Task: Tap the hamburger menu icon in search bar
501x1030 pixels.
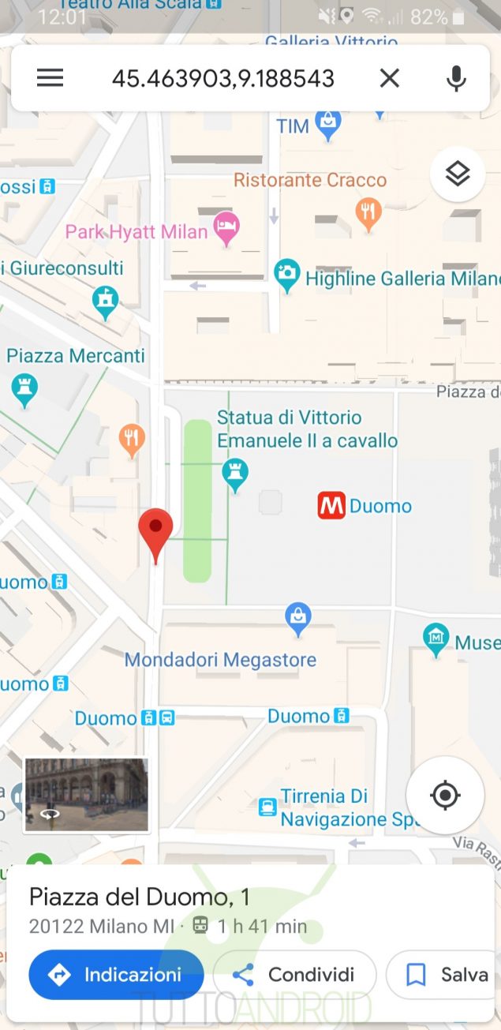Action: click(50, 77)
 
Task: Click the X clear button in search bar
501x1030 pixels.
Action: click(390, 77)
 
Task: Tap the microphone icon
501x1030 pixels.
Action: click(455, 77)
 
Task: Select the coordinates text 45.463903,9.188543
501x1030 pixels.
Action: click(223, 78)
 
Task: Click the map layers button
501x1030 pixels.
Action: click(458, 174)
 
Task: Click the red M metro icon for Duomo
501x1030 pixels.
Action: click(331, 506)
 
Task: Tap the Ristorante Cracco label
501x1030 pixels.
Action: click(310, 180)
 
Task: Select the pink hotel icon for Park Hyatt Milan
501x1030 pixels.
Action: click(227, 227)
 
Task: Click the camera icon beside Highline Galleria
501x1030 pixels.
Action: click(287, 274)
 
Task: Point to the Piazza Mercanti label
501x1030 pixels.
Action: click(76, 355)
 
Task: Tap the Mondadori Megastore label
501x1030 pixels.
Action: click(220, 660)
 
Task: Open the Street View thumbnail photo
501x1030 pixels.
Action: click(86, 794)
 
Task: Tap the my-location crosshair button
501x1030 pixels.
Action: click(445, 795)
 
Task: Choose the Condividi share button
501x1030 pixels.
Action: click(295, 975)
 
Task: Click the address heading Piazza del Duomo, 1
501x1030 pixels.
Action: click(140, 897)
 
